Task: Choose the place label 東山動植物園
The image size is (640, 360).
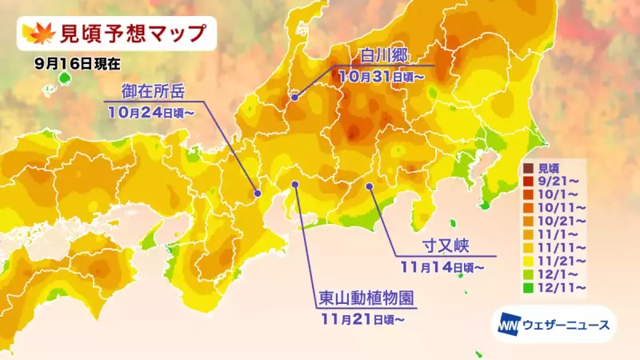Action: (366, 300)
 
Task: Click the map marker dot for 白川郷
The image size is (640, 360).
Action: (295, 98)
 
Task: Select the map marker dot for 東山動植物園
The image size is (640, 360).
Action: (295, 185)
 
